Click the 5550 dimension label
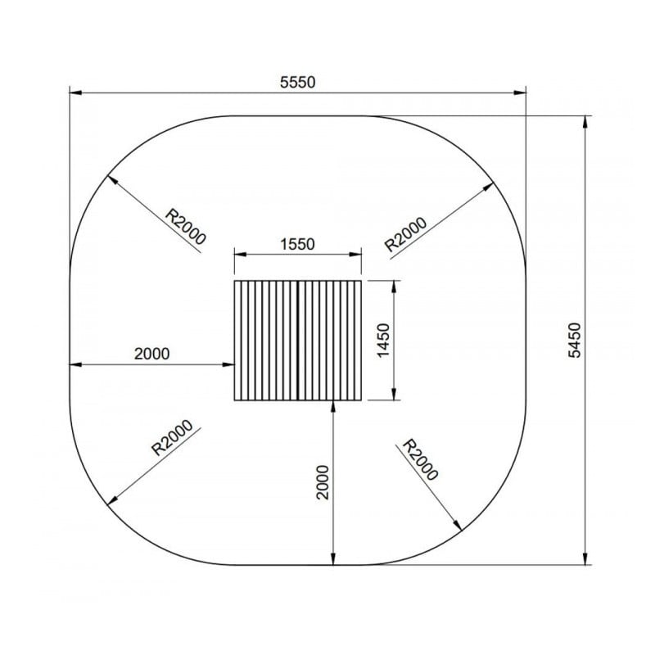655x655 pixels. pyautogui.click(x=297, y=82)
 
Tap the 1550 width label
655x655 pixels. pyautogui.click(x=297, y=243)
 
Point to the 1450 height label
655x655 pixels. pyautogui.click(x=384, y=341)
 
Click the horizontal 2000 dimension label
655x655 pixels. pyautogui.click(x=151, y=354)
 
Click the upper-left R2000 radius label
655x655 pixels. pyautogui.click(x=186, y=226)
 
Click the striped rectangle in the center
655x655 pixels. pyautogui.click(x=298, y=341)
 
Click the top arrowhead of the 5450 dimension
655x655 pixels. pyautogui.click(x=585, y=122)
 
